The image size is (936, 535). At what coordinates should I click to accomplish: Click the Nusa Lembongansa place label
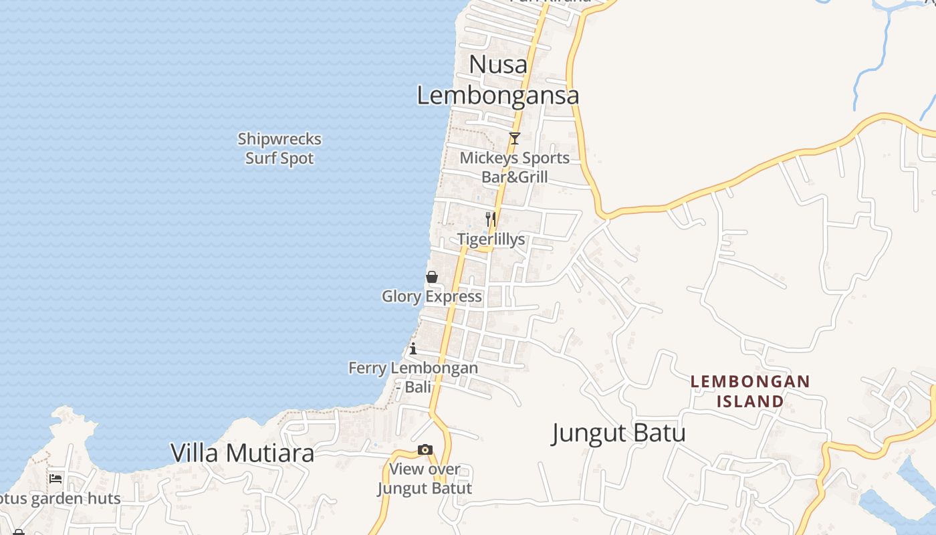pos(498,80)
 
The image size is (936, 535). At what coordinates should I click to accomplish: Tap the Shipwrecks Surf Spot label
pos(279,148)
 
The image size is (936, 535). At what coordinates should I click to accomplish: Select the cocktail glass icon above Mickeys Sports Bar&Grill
pos(515,138)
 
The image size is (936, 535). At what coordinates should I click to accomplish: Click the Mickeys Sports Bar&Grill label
pos(515,167)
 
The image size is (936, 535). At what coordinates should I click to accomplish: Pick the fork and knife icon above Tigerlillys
pos(491,219)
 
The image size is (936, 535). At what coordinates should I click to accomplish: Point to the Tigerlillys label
pos(491,239)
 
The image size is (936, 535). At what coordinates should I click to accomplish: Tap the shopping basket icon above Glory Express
pos(432,277)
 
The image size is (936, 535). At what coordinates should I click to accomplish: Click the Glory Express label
pos(432,296)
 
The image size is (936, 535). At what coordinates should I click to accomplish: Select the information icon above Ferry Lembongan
pos(413,348)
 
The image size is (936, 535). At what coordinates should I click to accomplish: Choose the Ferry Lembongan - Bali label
pos(413,377)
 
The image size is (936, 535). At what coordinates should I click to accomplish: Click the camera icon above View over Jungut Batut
pos(425,449)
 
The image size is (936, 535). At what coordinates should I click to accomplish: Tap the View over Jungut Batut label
pos(425,479)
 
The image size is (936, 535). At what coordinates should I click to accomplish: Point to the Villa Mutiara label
pos(242,453)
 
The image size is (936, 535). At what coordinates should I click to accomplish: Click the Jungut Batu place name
pos(619,433)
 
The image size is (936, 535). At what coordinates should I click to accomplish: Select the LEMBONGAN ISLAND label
pos(750,391)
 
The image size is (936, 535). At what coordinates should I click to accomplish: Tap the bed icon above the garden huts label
pos(55,478)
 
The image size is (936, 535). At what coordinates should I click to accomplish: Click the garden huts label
pos(60,499)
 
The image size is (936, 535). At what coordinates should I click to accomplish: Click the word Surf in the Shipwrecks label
pos(261,158)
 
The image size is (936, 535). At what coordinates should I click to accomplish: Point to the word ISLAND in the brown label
pos(750,401)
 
